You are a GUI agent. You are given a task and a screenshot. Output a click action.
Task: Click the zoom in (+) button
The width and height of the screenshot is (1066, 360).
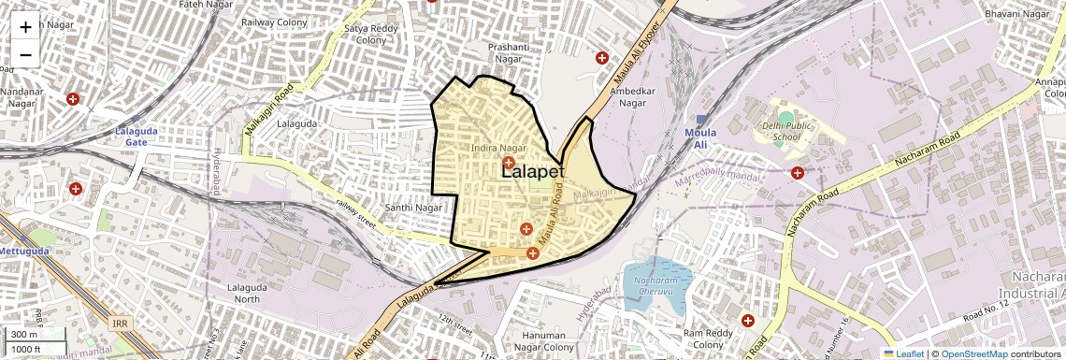[25, 27]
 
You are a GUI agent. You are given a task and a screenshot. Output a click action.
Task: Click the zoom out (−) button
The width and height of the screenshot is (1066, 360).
[25, 55]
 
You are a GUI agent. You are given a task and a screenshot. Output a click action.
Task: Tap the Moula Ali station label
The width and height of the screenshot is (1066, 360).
[699, 132]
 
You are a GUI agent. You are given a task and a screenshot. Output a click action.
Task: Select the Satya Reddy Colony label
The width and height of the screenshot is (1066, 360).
[365, 35]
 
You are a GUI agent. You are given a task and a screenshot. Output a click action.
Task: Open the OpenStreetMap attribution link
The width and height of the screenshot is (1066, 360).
[973, 353]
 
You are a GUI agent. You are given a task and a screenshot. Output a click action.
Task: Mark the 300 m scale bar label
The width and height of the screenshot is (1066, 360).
[24, 334]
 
